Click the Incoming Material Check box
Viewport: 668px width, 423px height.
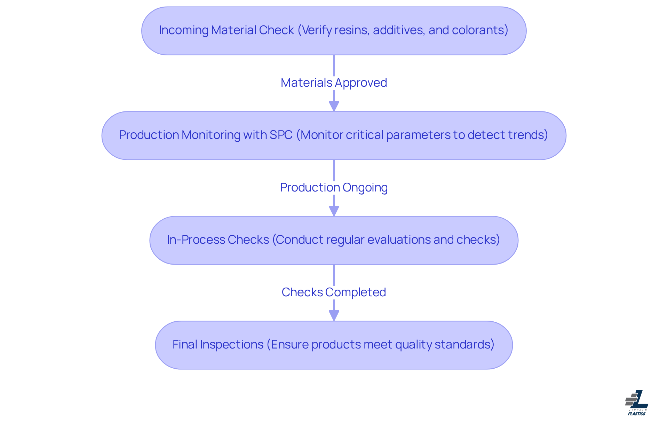(x=334, y=31)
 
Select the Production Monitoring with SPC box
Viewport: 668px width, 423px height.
(x=334, y=135)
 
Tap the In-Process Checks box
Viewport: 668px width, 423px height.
(x=334, y=240)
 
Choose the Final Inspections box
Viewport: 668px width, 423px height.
(x=334, y=345)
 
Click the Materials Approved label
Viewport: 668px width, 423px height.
(x=334, y=83)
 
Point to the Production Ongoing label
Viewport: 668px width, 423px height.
(x=334, y=188)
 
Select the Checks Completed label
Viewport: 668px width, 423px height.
(x=334, y=292)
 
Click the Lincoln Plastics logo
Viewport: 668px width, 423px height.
(x=637, y=403)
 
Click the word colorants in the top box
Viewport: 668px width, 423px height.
(x=478, y=30)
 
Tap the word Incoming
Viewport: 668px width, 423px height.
(x=183, y=31)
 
